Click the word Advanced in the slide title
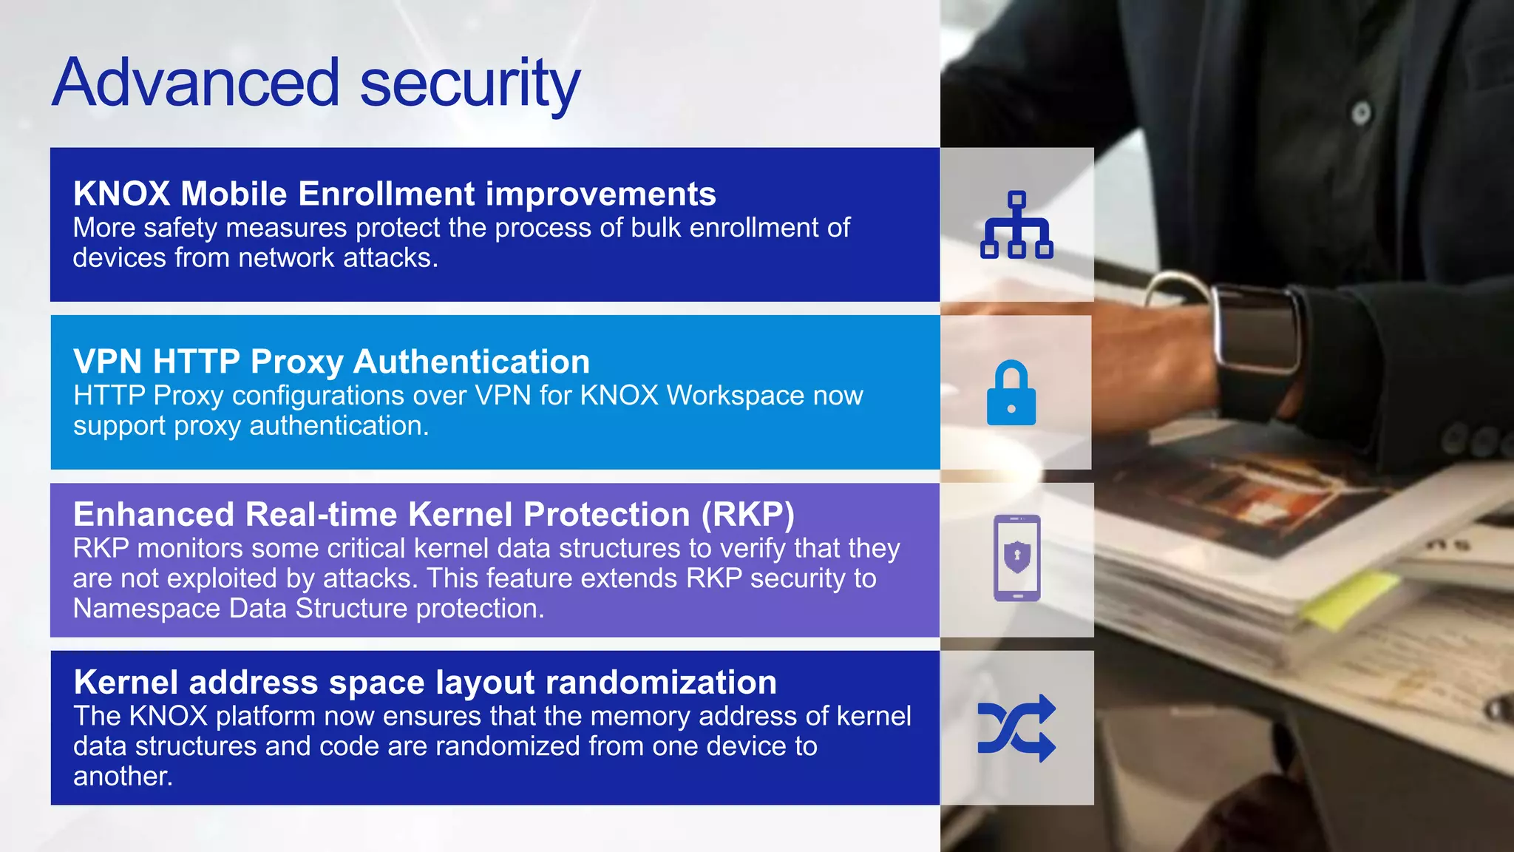tap(196, 83)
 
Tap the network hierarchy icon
tap(1016, 225)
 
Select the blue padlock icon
tap(1011, 393)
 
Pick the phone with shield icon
tap(1016, 558)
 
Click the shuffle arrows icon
tap(1016, 728)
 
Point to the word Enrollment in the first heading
tap(387, 194)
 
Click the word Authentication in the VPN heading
tap(472, 362)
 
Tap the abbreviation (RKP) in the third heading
tap(747, 515)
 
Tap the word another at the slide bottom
tap(122, 777)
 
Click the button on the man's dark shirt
tap(1361, 113)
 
